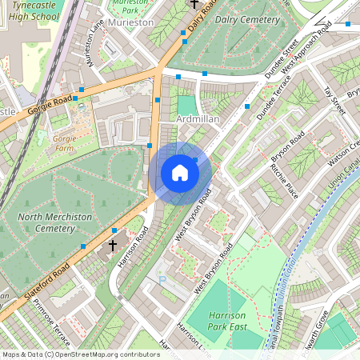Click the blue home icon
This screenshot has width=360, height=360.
click(x=180, y=173)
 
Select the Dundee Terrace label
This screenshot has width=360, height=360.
click(x=270, y=108)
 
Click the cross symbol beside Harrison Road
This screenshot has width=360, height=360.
click(x=113, y=246)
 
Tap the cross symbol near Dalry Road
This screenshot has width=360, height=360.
click(x=195, y=4)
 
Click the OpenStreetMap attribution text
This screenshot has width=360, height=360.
click(x=80, y=354)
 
